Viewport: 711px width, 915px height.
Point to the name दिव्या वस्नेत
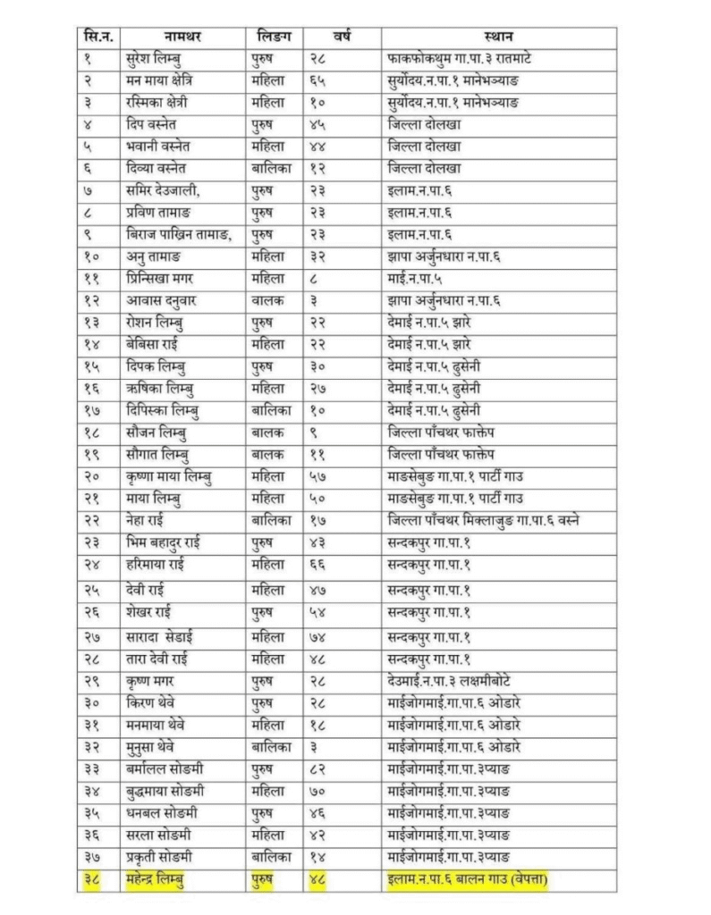[165, 168]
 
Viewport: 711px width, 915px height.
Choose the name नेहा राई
[148, 519]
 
